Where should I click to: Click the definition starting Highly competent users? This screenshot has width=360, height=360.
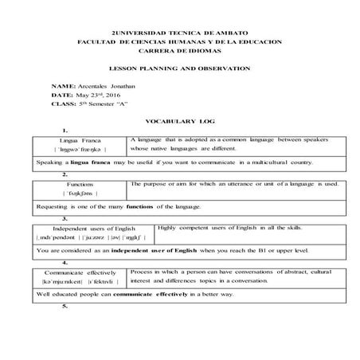point(231,229)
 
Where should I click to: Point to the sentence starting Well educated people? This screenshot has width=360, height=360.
point(135,294)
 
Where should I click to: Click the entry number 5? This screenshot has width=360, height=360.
point(63,306)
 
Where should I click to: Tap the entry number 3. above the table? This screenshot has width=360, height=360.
point(63,218)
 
